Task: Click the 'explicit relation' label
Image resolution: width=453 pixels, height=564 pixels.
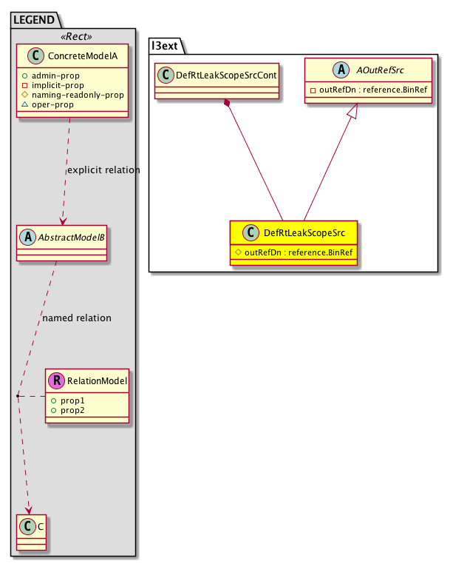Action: [x=103, y=170]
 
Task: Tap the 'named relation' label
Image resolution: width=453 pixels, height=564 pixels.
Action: [x=77, y=318]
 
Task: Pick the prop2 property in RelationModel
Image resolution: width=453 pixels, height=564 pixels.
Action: [x=72, y=409]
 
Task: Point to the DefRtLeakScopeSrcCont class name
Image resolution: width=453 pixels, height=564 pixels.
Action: [x=220, y=75]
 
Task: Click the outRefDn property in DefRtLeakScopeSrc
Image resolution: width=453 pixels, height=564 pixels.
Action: [x=298, y=252]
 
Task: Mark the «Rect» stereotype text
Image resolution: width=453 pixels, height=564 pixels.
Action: [x=74, y=36]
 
